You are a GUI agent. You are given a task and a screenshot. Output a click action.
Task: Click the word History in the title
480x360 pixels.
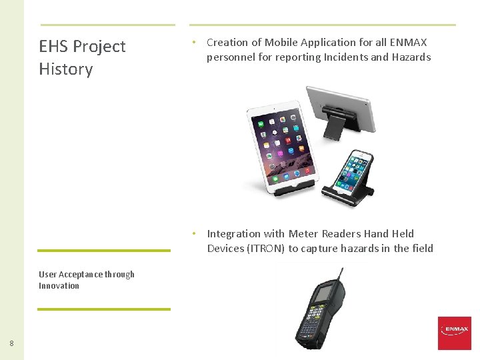tap(65, 69)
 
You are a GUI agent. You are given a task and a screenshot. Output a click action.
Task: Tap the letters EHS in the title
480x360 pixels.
tap(53, 46)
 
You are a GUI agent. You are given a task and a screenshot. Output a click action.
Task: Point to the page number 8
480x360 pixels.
tap(11, 343)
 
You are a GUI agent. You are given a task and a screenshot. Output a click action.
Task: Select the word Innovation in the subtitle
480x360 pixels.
tap(59, 286)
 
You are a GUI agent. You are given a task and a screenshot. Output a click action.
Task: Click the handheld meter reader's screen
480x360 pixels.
tap(324, 294)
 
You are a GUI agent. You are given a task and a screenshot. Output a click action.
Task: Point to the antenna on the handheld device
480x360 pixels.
tap(342, 273)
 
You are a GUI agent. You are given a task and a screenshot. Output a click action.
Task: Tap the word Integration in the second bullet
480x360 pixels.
tap(233, 233)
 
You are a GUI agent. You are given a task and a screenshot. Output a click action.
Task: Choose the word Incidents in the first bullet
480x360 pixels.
tap(344, 57)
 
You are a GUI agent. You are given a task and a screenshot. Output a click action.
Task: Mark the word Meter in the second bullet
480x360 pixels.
tap(303, 233)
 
